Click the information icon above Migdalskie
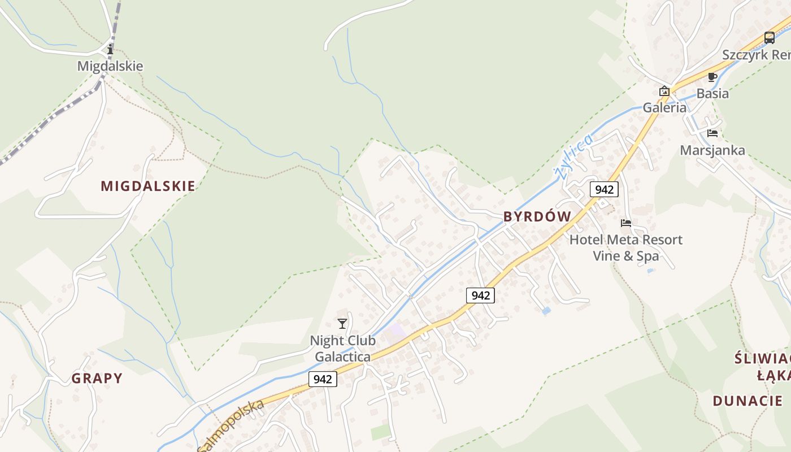110,50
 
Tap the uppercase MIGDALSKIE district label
148,186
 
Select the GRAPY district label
97,378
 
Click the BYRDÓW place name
537,216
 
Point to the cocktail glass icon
342,323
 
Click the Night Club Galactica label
342,349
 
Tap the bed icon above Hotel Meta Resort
625,223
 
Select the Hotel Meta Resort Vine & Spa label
625,247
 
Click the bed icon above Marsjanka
712,133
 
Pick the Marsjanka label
712,150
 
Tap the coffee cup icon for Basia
712,77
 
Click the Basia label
712,93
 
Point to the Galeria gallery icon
664,91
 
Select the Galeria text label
664,107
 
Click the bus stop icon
769,38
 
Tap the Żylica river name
573,157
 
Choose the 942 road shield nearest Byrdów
604,189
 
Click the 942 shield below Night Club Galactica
323,379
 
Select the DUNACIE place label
747,401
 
